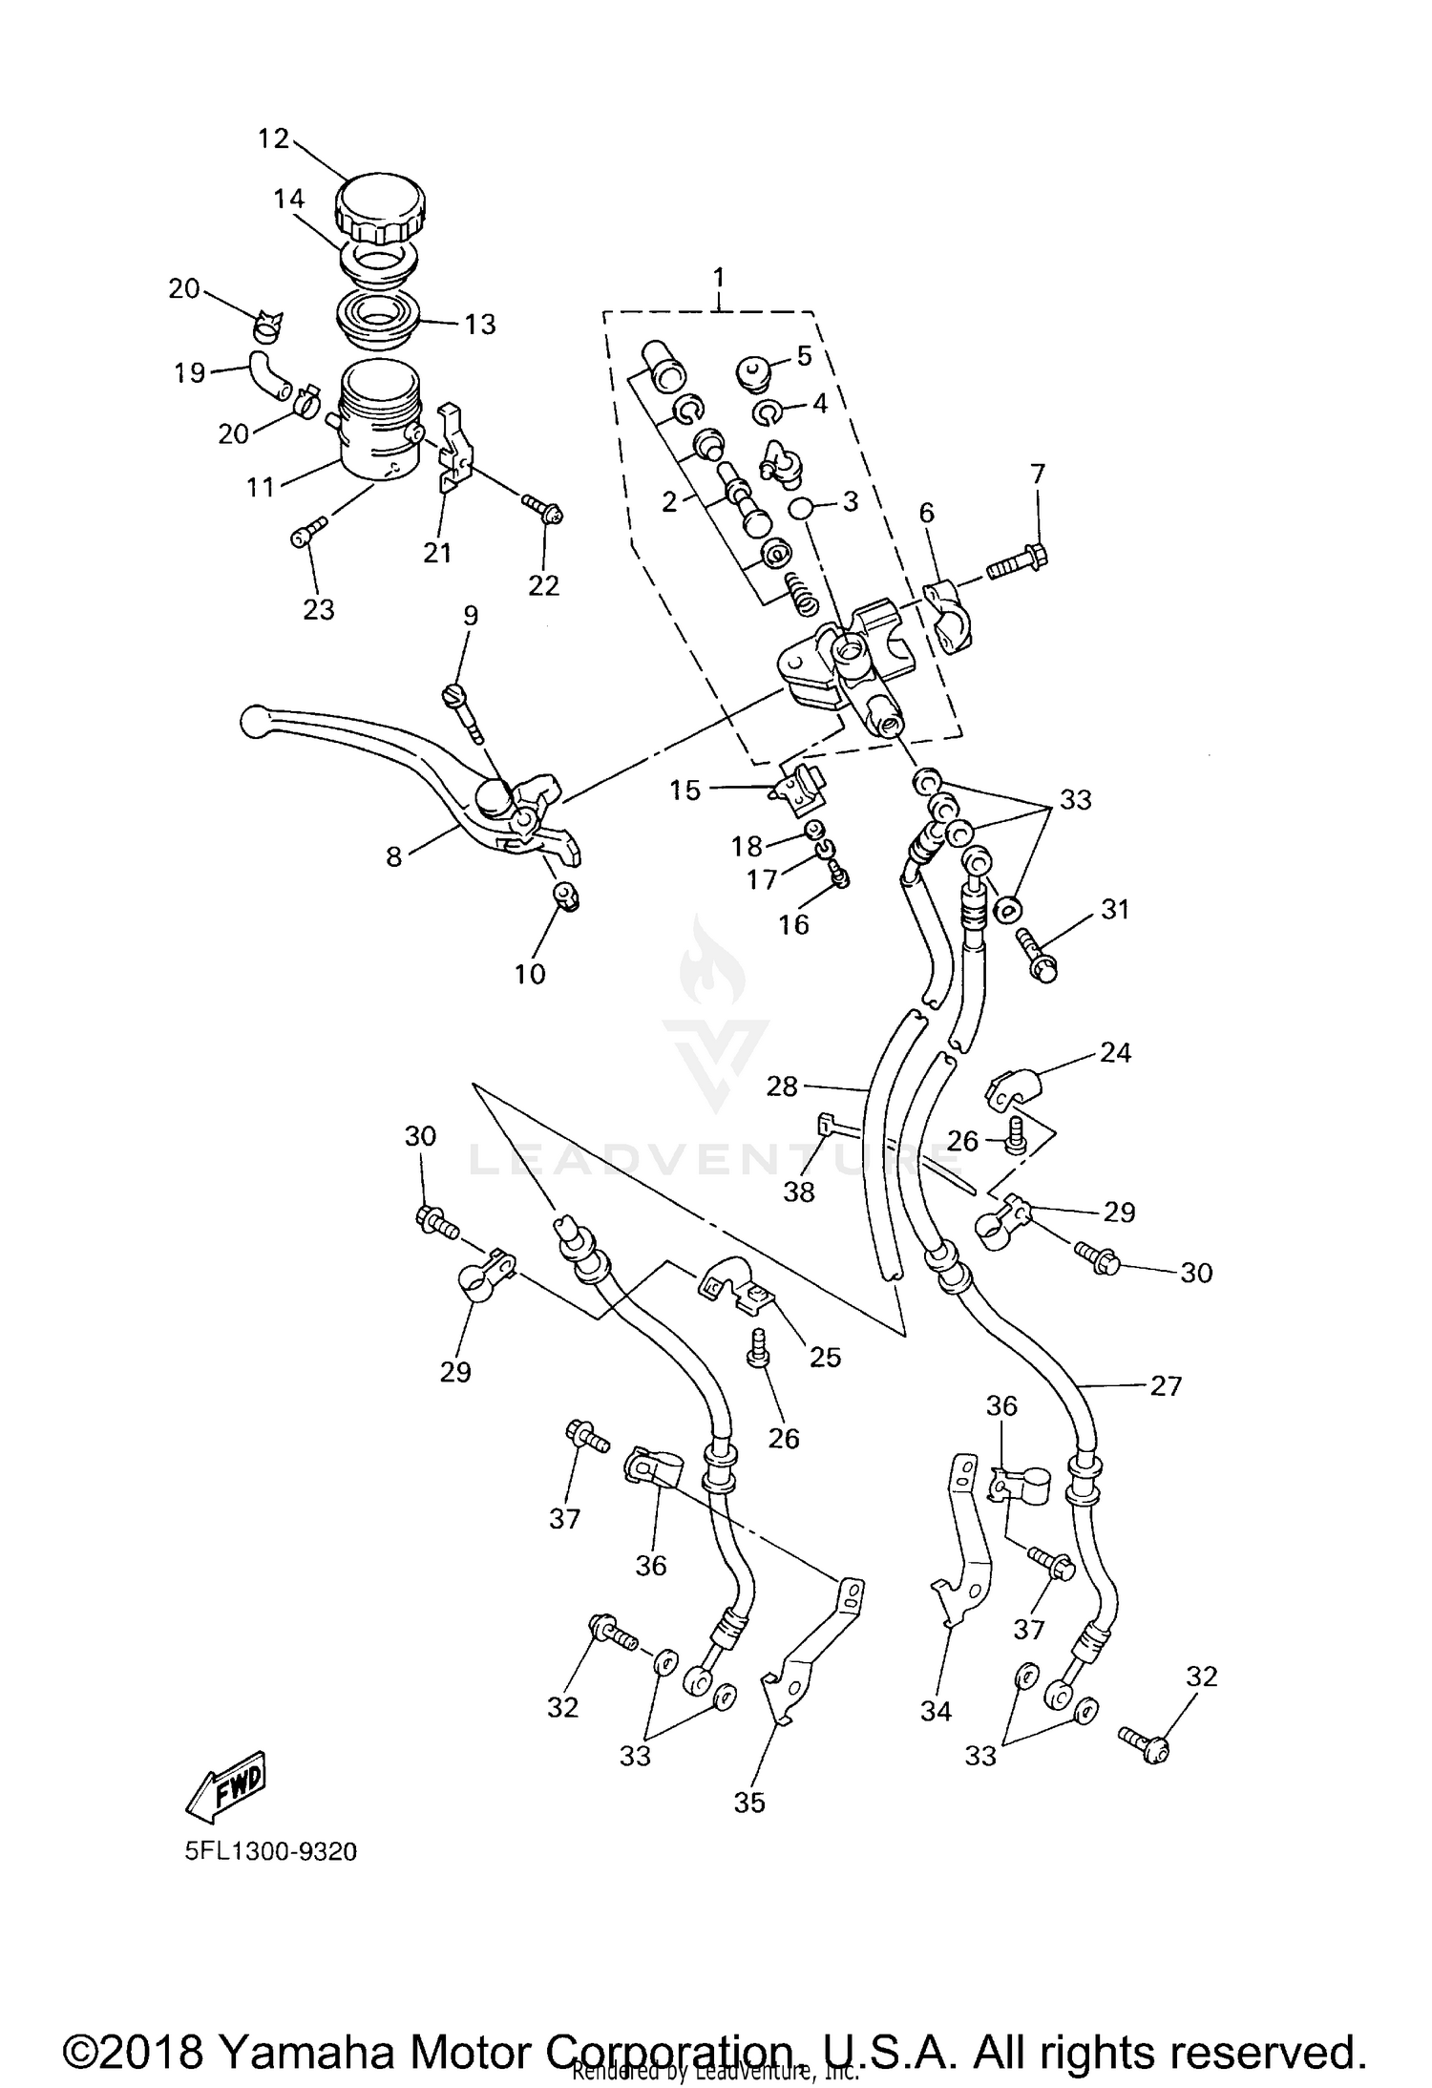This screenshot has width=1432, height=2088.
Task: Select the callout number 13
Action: pos(480,325)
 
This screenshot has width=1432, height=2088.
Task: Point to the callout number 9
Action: pos(471,615)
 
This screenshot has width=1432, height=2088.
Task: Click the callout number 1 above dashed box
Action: pos(718,278)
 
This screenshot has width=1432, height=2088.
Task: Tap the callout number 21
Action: pos(437,552)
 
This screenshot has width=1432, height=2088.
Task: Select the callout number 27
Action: pos(1166,1385)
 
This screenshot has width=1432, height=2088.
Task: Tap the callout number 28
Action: pos(782,1086)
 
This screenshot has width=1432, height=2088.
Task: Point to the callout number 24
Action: pos(1115,1053)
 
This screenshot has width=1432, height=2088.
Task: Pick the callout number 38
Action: pos(799,1192)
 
